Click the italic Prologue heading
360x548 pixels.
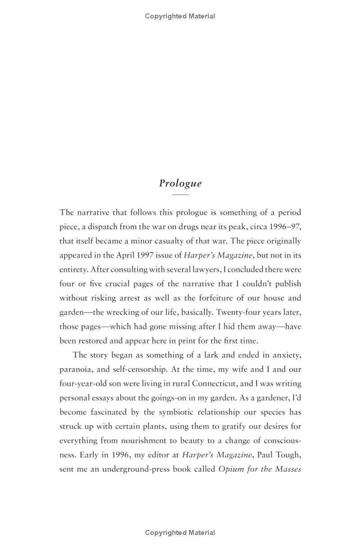click(x=180, y=183)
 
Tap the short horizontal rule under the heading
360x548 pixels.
click(x=180, y=195)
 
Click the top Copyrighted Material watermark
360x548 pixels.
click(x=180, y=16)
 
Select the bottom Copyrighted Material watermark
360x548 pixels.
click(x=180, y=533)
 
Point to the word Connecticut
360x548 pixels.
click(x=216, y=384)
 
